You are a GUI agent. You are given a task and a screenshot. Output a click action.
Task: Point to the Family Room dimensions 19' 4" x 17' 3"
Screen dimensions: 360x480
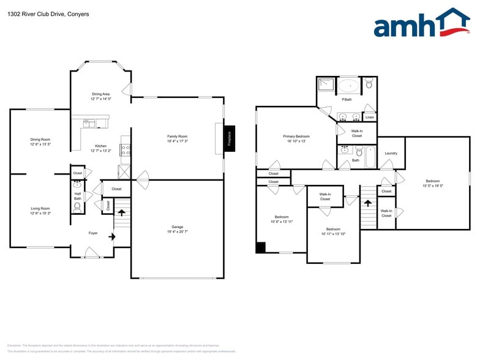coord(178,141)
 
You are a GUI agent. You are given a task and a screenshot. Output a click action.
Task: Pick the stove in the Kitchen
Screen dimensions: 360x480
coord(125,149)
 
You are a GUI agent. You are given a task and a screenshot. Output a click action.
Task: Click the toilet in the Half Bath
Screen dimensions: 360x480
coord(77,208)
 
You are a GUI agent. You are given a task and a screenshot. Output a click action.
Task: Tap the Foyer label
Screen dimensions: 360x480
coord(92,233)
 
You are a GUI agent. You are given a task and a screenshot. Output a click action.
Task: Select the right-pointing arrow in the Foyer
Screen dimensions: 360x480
coord(111,233)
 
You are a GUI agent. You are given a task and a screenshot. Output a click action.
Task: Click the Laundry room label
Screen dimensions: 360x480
coord(391,153)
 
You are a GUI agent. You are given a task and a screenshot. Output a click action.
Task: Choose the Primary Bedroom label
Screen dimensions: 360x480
coord(296,136)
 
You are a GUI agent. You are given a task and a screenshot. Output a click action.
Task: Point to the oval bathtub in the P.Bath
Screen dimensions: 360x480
coord(350,86)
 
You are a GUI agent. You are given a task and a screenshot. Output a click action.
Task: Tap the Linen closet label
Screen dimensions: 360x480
coord(369,116)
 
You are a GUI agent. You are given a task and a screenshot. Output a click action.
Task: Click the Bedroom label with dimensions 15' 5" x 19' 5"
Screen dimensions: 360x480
coord(433,181)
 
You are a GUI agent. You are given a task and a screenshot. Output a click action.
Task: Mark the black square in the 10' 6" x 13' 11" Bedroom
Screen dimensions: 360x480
coord(261,247)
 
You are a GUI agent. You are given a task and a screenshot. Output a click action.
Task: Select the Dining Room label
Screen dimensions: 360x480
coord(40,140)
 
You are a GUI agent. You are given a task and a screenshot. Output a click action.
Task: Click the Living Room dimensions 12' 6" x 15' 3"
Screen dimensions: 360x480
coord(40,214)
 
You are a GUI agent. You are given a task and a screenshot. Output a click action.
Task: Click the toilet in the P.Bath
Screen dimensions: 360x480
coord(369,84)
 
